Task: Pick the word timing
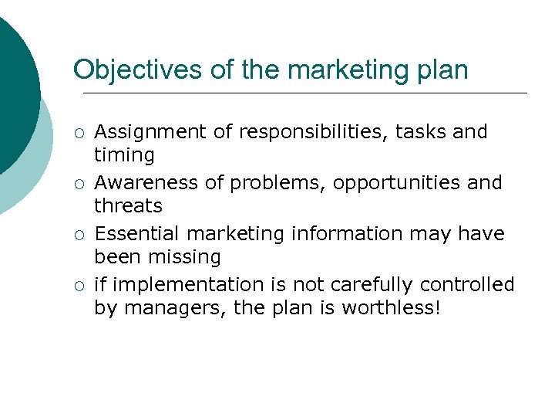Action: coord(124,155)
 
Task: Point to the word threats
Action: coord(128,206)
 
